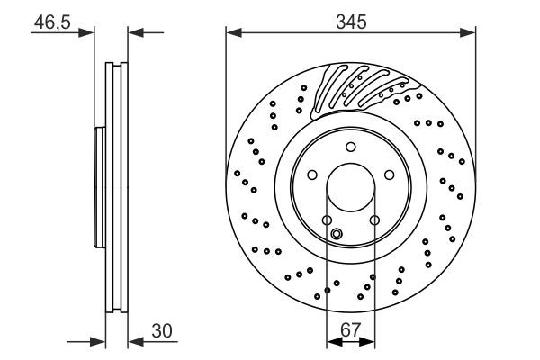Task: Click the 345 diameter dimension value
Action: pyautogui.click(x=351, y=20)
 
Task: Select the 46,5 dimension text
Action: pyautogui.click(x=49, y=20)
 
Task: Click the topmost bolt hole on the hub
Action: pyautogui.click(x=351, y=148)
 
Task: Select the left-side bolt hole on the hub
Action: pyautogui.click(x=311, y=176)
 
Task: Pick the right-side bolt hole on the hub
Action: pyautogui.click(x=391, y=176)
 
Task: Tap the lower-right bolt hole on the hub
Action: pyautogui.click(x=375, y=221)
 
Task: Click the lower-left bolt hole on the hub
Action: pyautogui.click(x=327, y=221)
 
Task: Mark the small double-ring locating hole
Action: pyautogui.click(x=337, y=236)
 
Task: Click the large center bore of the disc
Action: pyautogui.click(x=351, y=190)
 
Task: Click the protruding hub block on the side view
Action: pyautogui.click(x=99, y=190)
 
